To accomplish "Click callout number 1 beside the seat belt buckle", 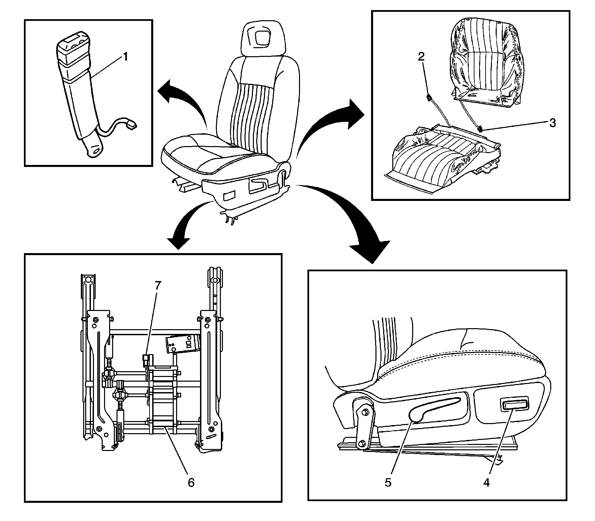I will coord(125,57).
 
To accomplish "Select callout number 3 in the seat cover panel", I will coord(552,123).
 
